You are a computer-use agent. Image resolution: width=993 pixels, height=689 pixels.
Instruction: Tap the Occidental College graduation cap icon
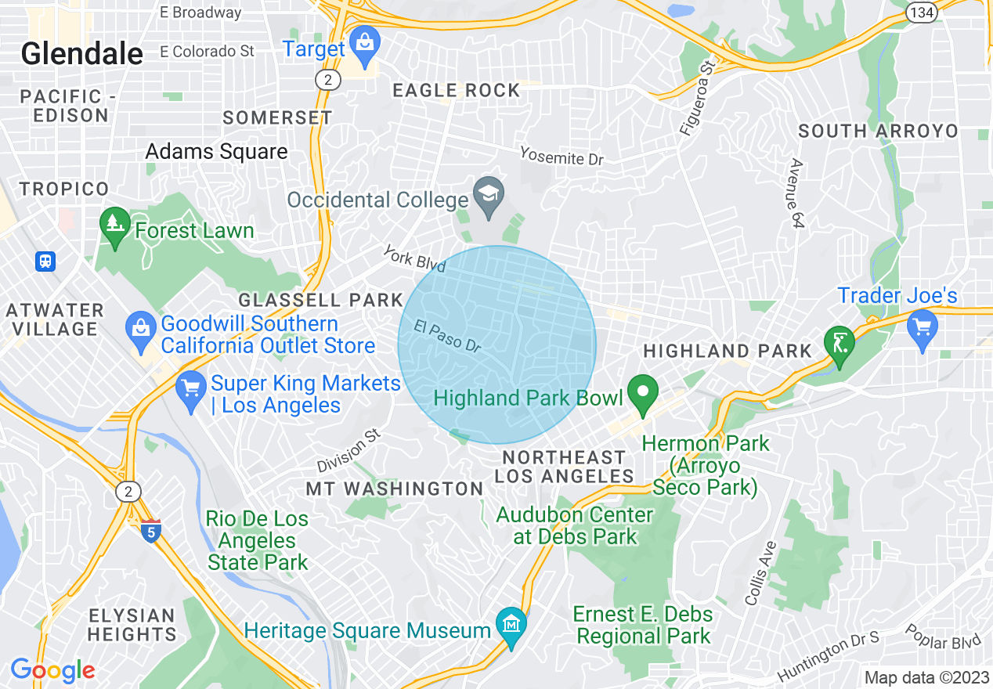coord(489,194)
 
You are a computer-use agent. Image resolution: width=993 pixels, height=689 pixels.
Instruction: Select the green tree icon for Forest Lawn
coord(115,225)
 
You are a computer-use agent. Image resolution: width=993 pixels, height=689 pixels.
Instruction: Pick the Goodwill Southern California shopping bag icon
coord(141,329)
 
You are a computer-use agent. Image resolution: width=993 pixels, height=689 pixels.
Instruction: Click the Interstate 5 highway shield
coord(151,532)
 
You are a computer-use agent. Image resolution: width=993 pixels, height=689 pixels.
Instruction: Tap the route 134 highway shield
coord(920,11)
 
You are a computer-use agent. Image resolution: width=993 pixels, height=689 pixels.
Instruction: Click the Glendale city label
coord(81,54)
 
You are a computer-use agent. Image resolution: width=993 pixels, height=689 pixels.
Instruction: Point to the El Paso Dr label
coord(447,336)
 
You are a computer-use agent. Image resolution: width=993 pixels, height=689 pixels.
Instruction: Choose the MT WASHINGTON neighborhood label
coord(394,489)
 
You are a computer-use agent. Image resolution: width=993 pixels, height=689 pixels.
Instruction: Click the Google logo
coord(52,670)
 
